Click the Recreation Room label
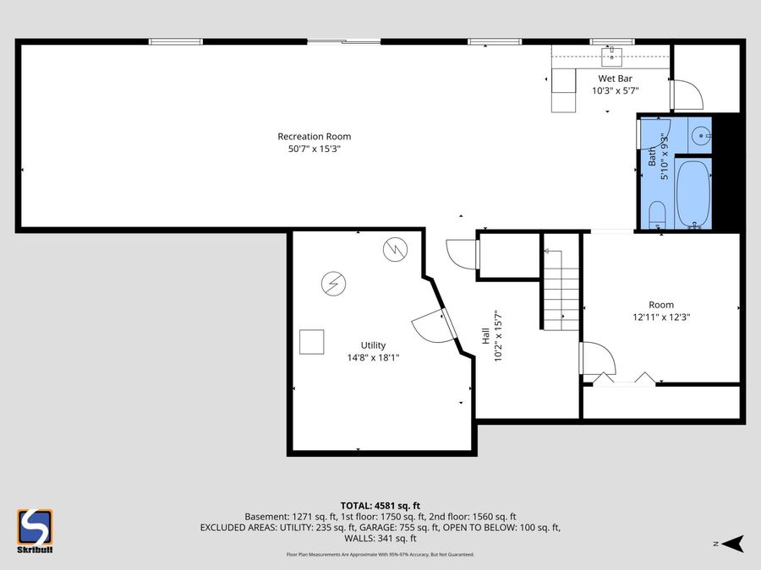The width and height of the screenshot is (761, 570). tap(314, 136)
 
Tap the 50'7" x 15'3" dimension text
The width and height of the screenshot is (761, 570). tap(314, 149)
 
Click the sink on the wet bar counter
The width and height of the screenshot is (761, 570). tap(610, 56)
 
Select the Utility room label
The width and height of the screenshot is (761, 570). tap(373, 345)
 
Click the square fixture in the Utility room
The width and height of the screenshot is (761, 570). tap(312, 341)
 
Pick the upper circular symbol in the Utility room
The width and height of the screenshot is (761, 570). tap(394, 249)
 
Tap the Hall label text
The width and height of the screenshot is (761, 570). tap(486, 336)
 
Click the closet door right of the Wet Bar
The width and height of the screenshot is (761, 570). tap(686, 94)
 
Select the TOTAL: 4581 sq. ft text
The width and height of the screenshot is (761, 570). tap(380, 504)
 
